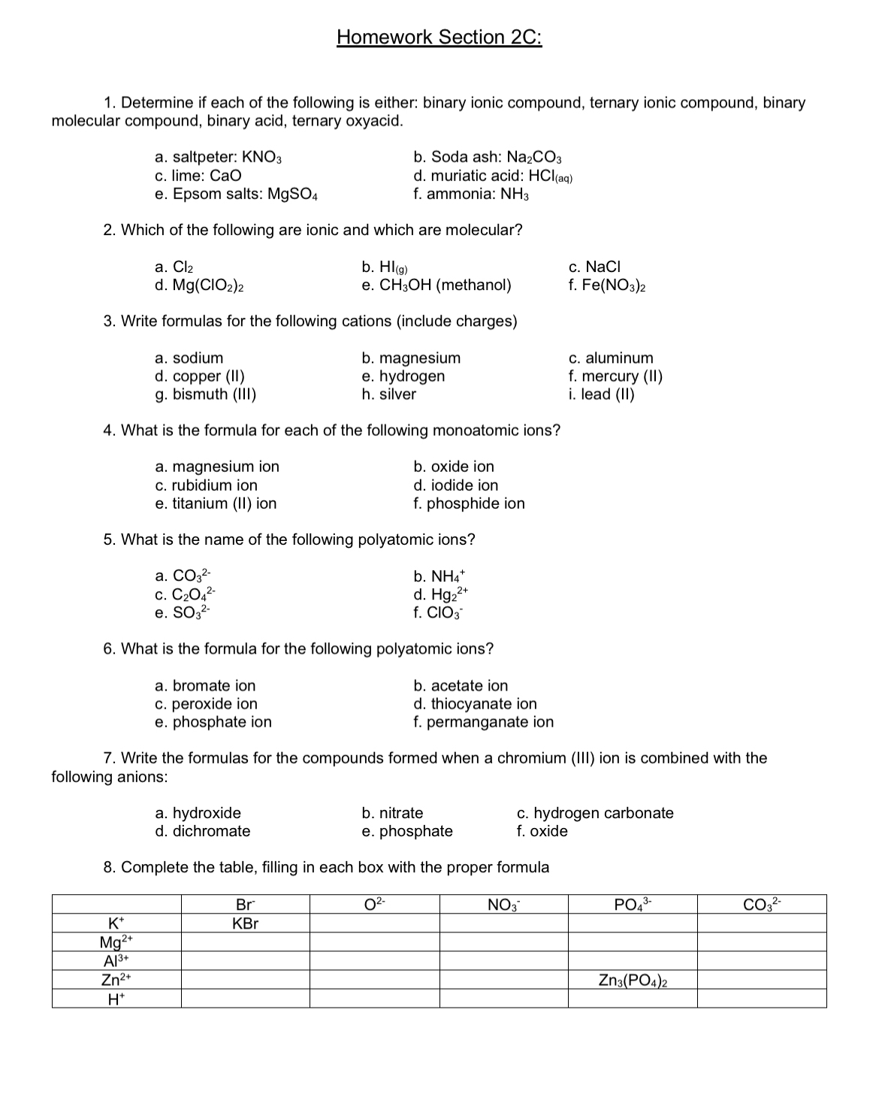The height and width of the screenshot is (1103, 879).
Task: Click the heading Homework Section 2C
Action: [439, 37]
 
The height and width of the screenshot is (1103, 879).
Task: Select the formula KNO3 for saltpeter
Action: [262, 158]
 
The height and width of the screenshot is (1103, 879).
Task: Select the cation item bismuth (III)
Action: [206, 394]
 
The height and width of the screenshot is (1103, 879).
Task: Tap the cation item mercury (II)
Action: [615, 376]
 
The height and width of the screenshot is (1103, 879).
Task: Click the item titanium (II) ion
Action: [216, 503]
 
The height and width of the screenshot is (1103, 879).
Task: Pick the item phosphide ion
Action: [469, 503]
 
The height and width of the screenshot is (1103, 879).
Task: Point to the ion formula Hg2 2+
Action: [449, 595]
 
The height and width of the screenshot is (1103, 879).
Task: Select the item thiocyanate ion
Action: [475, 704]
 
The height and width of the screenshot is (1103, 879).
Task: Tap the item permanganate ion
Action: [483, 722]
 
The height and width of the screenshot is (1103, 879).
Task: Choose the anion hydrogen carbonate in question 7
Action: [595, 813]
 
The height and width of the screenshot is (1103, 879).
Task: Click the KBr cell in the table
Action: [245, 923]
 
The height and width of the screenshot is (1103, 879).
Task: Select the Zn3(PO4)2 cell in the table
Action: [633, 980]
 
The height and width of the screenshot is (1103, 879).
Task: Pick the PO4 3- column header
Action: [633, 904]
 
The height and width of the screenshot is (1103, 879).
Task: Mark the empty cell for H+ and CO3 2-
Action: [762, 999]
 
